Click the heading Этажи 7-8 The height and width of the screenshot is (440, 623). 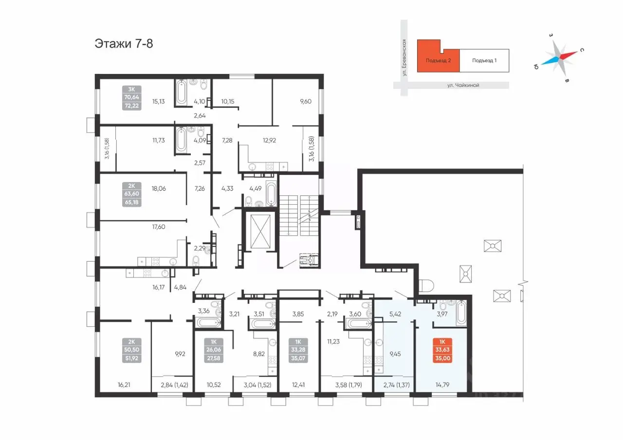coord(124,44)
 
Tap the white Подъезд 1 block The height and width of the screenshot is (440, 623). coord(484,61)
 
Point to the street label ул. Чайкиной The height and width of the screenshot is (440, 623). coord(463,85)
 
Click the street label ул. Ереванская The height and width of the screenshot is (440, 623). coord(404,57)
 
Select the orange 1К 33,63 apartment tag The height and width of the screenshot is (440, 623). coord(442,350)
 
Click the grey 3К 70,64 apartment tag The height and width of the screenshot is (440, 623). coord(131,98)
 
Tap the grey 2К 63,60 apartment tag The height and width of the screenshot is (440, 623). coord(131,194)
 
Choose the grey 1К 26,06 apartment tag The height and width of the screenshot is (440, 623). coord(214,350)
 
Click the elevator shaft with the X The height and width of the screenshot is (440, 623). coord(260,231)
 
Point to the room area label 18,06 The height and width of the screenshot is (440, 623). coord(159,189)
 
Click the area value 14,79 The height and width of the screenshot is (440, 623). coord(442,385)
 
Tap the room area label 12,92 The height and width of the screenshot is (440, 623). coord(269,141)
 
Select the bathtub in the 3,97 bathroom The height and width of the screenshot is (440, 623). coord(461,313)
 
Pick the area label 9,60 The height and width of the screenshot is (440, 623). coord(306,102)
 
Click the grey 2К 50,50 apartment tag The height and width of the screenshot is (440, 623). coord(131,350)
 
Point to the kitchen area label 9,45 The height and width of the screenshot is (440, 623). coord(395,354)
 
